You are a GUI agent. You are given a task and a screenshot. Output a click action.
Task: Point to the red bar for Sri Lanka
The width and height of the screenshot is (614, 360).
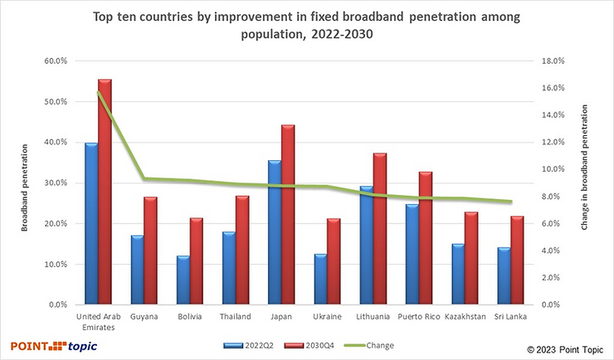(515, 260)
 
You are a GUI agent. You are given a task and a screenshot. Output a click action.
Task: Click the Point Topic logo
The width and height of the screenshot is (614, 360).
(51, 345)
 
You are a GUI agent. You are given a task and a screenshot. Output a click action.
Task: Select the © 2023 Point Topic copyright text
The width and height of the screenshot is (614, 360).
(564, 349)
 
